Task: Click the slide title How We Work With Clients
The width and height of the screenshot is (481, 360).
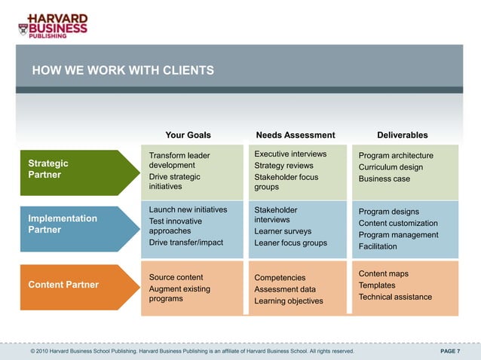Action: coord(123,71)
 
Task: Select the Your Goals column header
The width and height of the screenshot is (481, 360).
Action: coord(188,136)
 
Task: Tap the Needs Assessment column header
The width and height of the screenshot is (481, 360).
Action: coord(296,136)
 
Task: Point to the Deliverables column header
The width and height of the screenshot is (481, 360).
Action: coord(402,136)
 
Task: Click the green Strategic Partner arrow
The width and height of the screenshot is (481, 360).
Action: coord(71,169)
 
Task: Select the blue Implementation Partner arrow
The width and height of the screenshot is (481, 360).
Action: coord(71,224)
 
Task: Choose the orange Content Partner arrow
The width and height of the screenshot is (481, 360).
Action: coord(71,285)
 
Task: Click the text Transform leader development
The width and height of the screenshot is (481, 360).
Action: coord(179,160)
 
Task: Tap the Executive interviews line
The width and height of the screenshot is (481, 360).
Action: coord(290,154)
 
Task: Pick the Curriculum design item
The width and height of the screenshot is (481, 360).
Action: coord(391,167)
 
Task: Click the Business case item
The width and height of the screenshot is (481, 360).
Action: coord(384,179)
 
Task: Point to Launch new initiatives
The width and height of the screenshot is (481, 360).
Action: coord(188,209)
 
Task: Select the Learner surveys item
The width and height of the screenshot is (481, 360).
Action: coord(283,231)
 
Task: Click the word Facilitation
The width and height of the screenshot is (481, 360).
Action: coord(378,246)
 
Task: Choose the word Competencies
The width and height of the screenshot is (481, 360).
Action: coord(280,278)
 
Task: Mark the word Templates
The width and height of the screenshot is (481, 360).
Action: coord(377,285)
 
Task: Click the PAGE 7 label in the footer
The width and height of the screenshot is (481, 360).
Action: coord(450,351)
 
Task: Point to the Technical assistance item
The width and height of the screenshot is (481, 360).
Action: coord(395,297)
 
